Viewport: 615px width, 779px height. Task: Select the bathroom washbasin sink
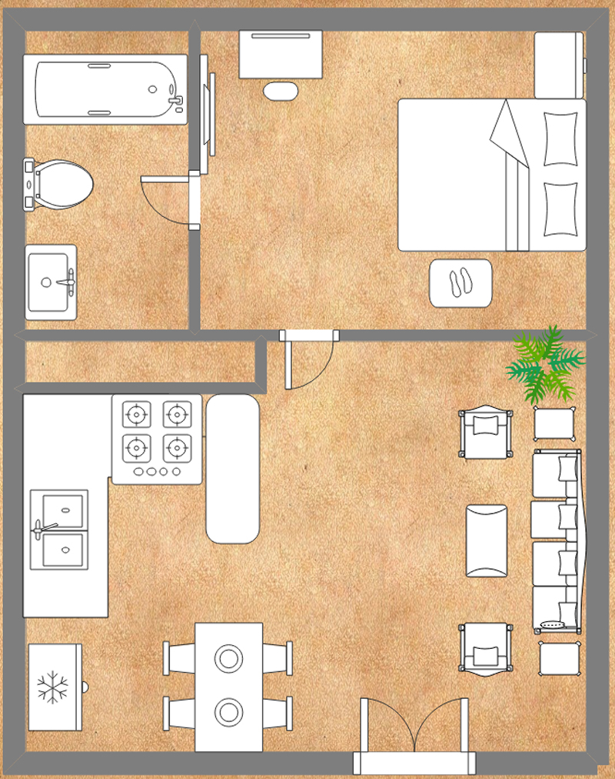52,283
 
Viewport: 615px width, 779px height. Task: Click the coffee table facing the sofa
487,540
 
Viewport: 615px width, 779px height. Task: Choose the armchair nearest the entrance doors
486,648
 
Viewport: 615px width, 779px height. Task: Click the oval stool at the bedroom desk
281,91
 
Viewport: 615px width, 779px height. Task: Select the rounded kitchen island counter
232,469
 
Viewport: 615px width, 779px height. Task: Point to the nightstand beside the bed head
559,65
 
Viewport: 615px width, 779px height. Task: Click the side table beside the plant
554,423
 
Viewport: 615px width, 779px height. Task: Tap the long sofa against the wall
557,540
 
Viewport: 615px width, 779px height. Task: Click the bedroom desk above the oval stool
281,54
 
